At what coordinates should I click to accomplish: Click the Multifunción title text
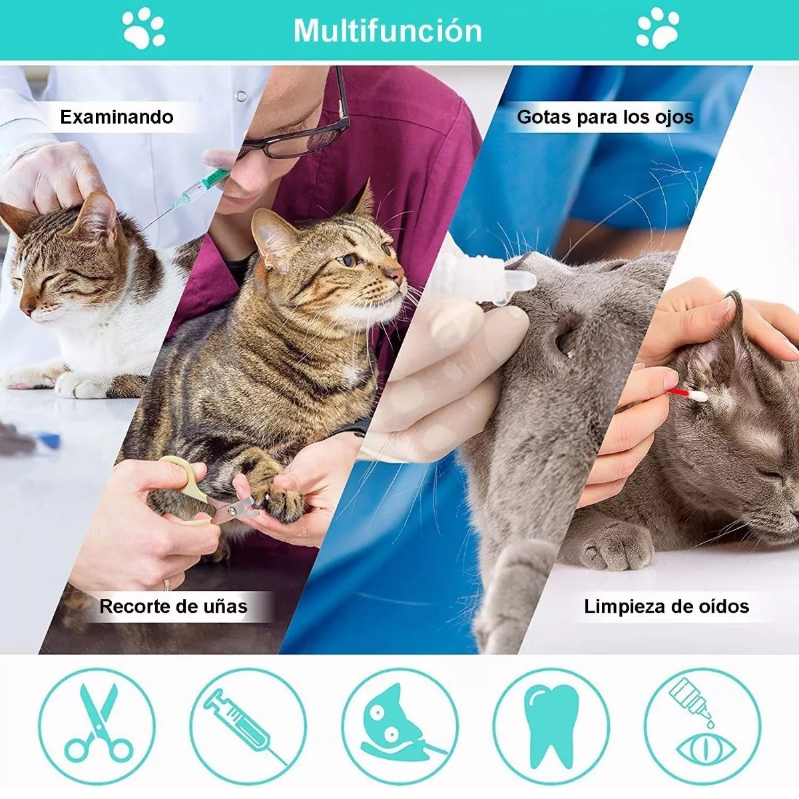(388, 31)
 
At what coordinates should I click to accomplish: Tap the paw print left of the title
(143, 28)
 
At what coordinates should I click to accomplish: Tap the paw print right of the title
(658, 28)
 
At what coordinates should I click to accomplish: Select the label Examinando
(117, 117)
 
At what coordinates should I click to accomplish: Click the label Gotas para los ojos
(605, 117)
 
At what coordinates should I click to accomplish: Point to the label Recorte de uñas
(173, 607)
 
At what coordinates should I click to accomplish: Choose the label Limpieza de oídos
(666, 607)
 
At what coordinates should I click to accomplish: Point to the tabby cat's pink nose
(396, 274)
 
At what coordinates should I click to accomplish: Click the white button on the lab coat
(240, 97)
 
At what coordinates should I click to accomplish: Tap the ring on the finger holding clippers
(166, 585)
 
